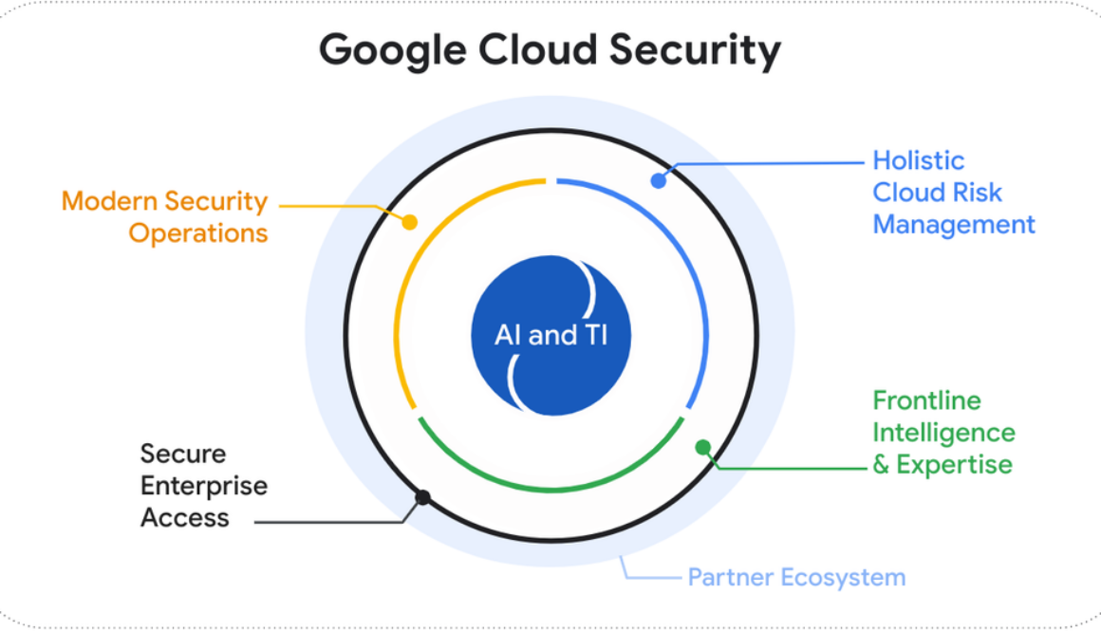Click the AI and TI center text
click(550, 335)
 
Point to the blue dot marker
click(658, 180)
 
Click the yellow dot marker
click(410, 222)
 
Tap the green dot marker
click(702, 447)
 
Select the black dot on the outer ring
click(423, 497)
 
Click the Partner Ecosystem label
click(796, 577)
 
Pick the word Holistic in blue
click(918, 160)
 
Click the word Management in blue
click(953, 225)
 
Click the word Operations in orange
click(198, 233)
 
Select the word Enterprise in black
click(204, 486)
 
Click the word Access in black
click(185, 518)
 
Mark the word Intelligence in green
click(943, 433)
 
